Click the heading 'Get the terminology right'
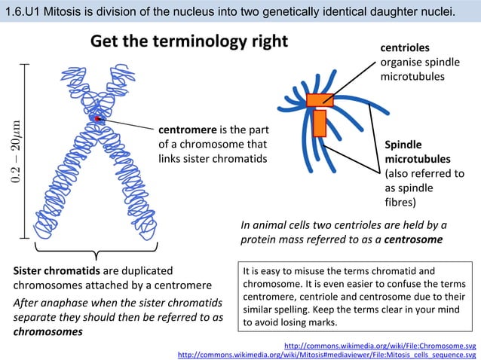[189, 42]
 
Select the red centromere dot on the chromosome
[98, 119]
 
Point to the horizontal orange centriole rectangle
[320, 99]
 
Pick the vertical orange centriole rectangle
[319, 123]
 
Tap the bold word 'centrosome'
[413, 239]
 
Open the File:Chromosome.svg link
[379, 346]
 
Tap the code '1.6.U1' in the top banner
[23, 11]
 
